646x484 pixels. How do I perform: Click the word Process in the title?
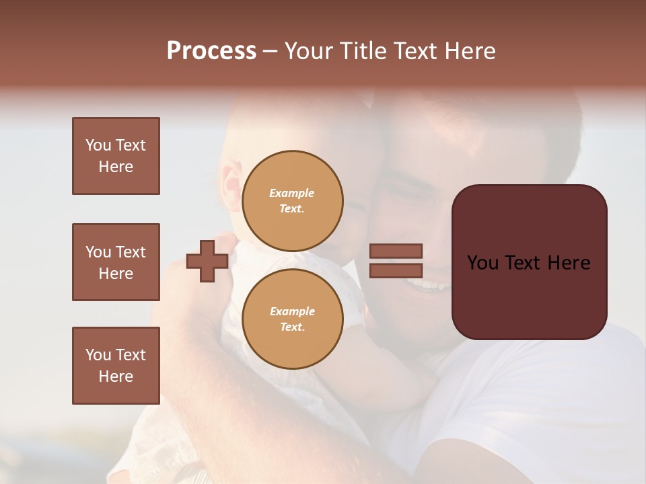(x=211, y=51)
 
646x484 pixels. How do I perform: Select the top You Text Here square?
(x=116, y=156)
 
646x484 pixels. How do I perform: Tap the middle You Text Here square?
(x=116, y=262)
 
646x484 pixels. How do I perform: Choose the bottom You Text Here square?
(x=116, y=366)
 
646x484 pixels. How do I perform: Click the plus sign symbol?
(x=207, y=261)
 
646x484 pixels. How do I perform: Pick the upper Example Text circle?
(x=293, y=201)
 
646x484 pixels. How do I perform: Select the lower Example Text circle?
(x=293, y=319)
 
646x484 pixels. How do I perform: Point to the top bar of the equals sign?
(x=396, y=251)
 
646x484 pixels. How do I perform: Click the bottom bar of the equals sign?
(x=396, y=270)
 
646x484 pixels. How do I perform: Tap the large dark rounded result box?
(x=529, y=296)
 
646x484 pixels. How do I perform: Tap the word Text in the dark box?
(x=527, y=263)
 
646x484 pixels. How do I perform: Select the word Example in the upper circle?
(x=292, y=194)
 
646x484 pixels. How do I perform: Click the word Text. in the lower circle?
(x=292, y=327)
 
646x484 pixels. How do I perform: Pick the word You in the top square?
(x=97, y=145)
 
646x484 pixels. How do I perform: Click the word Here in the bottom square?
(x=116, y=376)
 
